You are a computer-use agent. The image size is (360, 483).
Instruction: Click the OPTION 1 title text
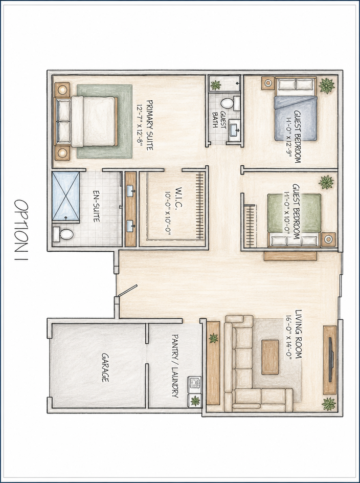click(x=21, y=230)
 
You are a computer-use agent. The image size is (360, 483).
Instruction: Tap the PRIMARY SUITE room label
click(x=149, y=125)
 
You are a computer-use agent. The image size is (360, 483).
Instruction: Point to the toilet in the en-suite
click(x=63, y=234)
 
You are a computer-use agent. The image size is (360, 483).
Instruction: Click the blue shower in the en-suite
click(x=65, y=196)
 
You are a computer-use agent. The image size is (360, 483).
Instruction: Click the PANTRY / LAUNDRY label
click(x=174, y=366)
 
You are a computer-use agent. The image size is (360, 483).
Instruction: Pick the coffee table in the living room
click(x=270, y=357)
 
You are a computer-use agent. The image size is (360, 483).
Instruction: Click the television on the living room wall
click(x=331, y=360)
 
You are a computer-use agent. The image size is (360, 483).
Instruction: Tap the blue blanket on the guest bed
click(x=296, y=118)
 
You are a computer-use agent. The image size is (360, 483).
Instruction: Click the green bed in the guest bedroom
click(x=294, y=220)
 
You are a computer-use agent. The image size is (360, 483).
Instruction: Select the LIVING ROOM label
click(x=298, y=334)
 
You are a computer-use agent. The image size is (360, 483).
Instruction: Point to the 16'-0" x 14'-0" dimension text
click(x=288, y=337)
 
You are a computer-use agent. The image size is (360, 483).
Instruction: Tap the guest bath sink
click(x=235, y=130)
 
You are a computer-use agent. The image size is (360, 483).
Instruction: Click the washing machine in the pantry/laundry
click(x=195, y=383)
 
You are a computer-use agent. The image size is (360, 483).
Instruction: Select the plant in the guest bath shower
click(x=216, y=85)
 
